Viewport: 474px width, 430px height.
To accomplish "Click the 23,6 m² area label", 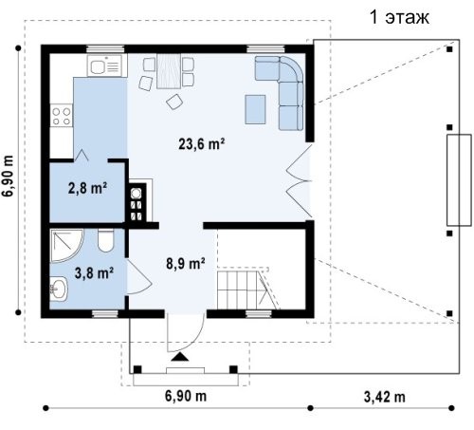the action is [x=202, y=144].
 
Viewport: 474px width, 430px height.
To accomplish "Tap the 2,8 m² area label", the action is [x=87, y=188].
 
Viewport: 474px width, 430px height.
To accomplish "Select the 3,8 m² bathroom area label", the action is [x=94, y=272].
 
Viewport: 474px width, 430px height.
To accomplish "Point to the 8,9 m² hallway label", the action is [x=186, y=263].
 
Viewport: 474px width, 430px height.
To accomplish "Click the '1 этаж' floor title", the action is [x=399, y=17].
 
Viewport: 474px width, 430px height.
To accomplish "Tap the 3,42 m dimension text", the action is [x=384, y=397].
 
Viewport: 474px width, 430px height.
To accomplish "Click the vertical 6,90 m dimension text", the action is [x=8, y=176].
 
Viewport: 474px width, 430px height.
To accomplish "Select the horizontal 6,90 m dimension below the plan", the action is [x=186, y=396].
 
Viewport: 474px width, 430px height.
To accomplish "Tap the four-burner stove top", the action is [x=62, y=116].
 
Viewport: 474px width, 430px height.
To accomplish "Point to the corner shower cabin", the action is [x=65, y=245].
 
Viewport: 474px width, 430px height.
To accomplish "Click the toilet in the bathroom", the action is [x=105, y=240].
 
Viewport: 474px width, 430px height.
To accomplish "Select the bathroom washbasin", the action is [x=59, y=289].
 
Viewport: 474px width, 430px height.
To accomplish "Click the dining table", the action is [x=169, y=71].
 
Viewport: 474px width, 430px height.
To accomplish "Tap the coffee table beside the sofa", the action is [x=255, y=109].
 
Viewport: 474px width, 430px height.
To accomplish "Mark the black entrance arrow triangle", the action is [x=180, y=357].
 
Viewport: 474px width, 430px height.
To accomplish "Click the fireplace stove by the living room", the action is [x=137, y=202].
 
